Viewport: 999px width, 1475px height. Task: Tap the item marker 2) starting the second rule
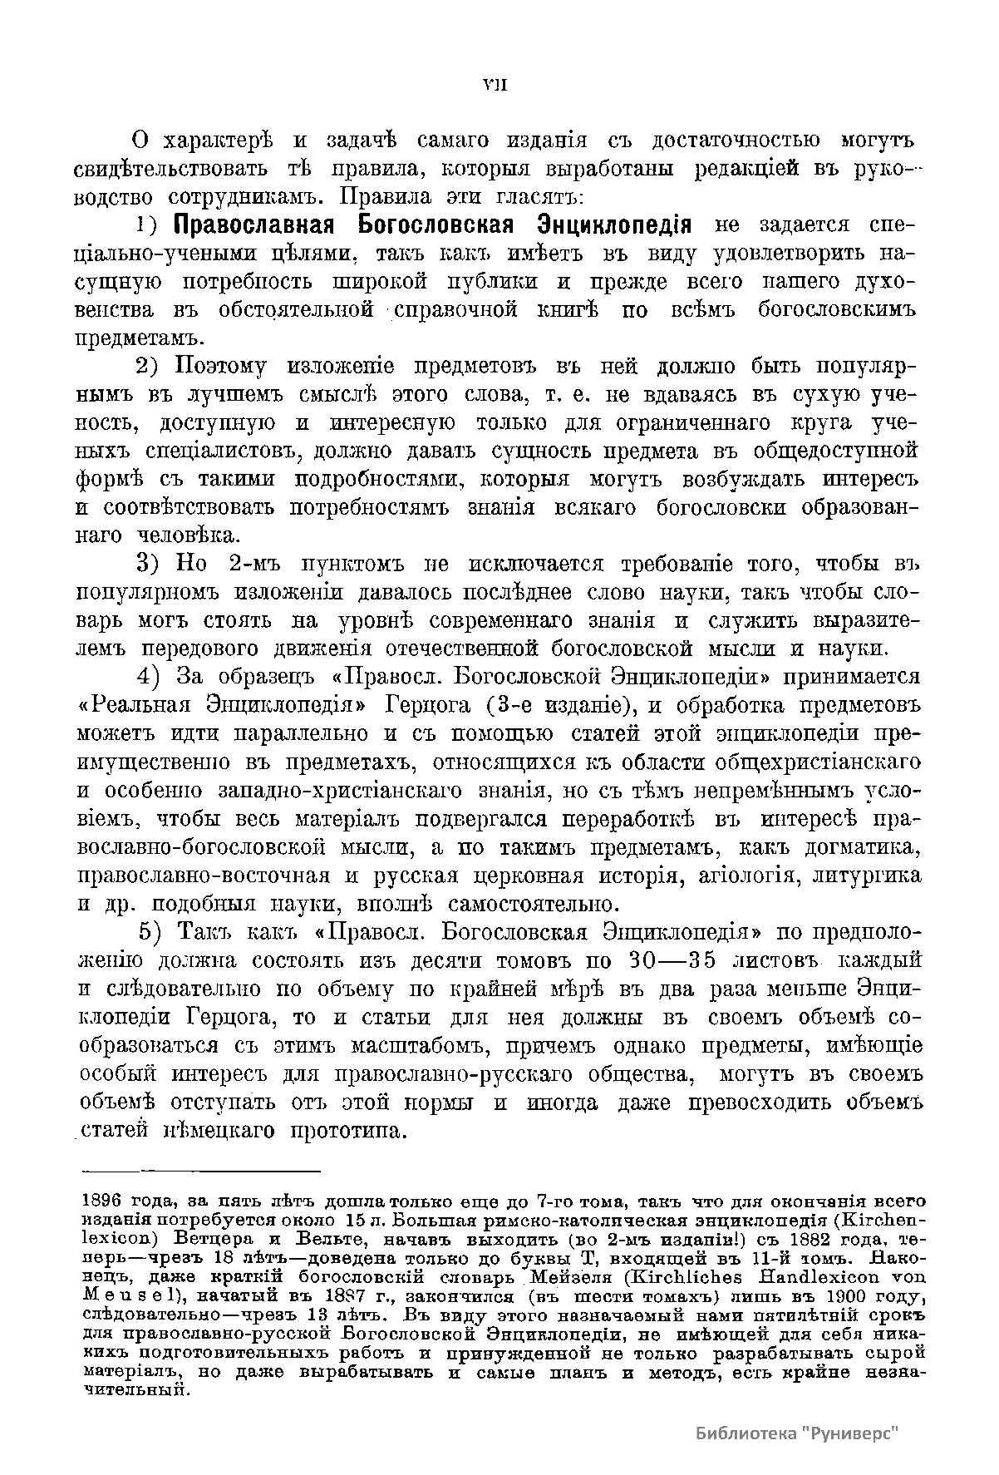point(153,367)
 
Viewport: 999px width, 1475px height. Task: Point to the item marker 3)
point(153,565)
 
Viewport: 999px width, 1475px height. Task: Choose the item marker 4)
point(153,677)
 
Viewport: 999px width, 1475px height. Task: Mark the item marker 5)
point(153,931)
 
